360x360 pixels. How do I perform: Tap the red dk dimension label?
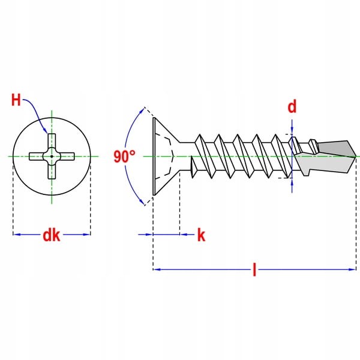click(x=52, y=235)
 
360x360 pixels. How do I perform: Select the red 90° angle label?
click(x=124, y=157)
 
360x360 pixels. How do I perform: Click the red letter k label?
click(x=201, y=235)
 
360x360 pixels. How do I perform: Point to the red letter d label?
click(x=292, y=107)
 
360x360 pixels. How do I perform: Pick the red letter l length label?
click(x=254, y=270)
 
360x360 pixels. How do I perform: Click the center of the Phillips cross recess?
click(x=52, y=157)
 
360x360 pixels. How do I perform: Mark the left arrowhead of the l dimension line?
click(x=157, y=269)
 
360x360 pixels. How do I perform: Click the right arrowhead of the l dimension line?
click(x=352, y=269)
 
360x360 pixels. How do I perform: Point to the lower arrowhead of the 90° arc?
click(x=143, y=202)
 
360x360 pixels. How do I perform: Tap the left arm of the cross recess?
click(x=36, y=157)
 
